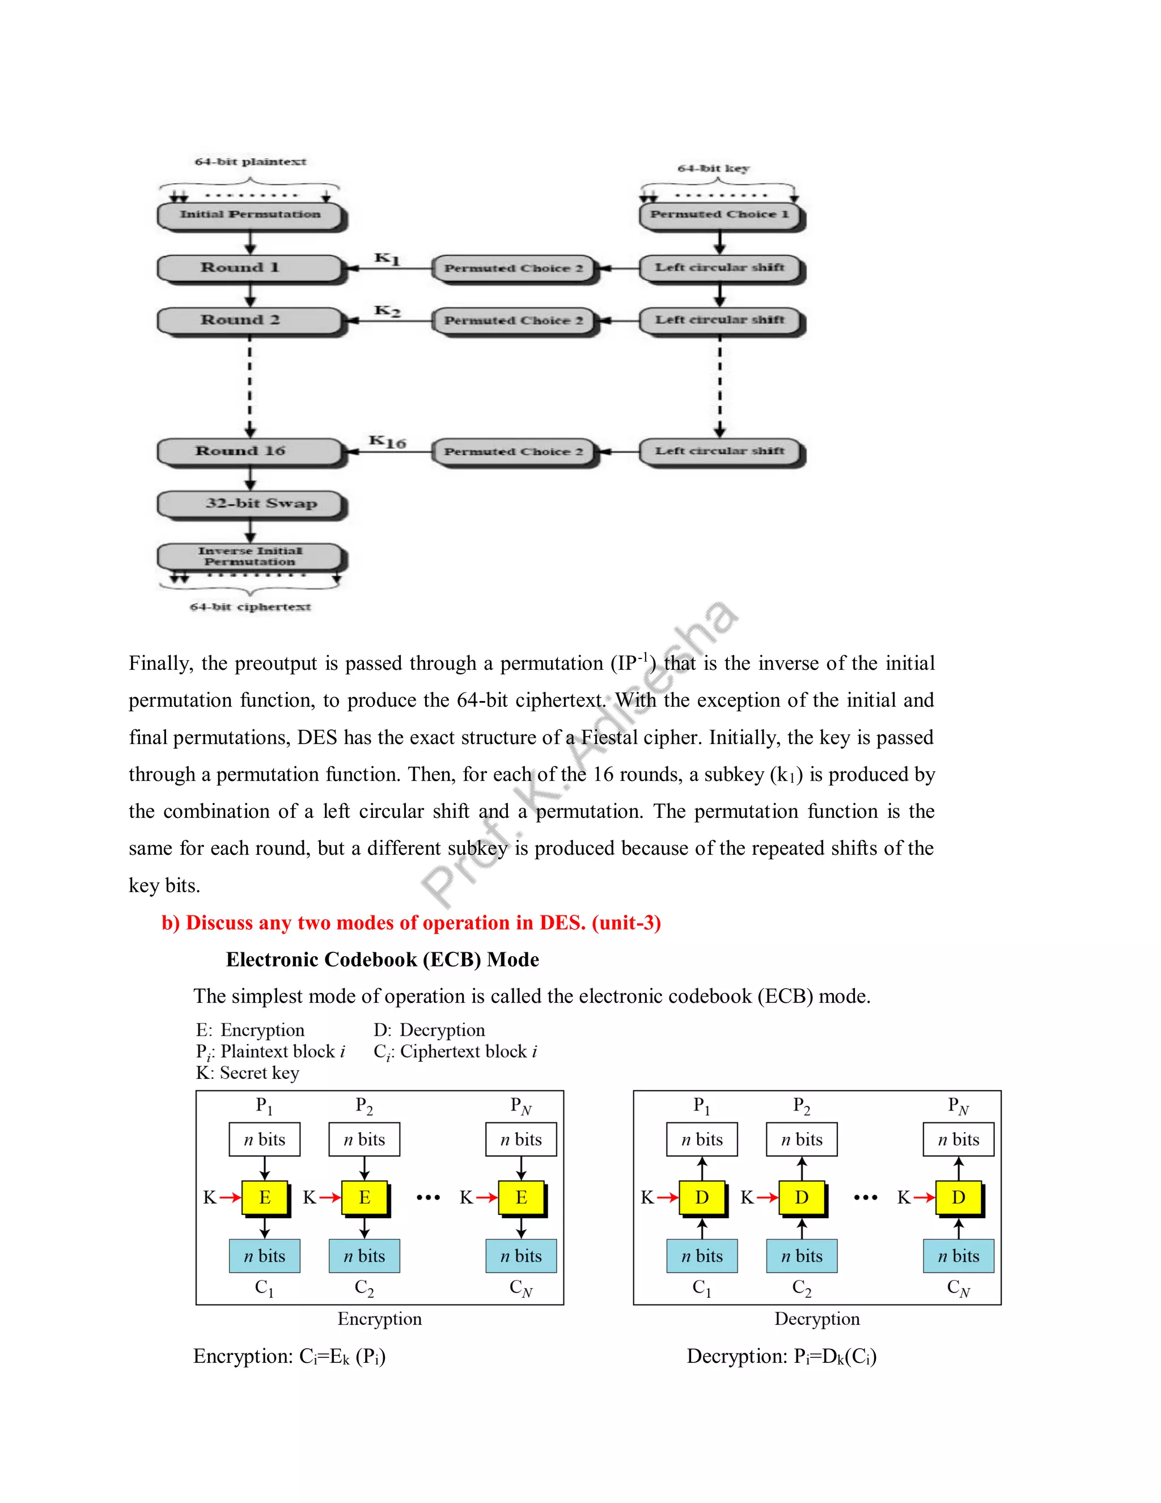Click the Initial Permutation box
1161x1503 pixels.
tap(251, 215)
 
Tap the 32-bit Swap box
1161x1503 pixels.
tap(251, 504)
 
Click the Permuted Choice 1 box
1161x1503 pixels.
tap(719, 215)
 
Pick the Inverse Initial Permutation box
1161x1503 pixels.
tap(251, 556)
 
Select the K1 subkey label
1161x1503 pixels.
tap(387, 259)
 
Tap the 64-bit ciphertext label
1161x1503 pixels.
tap(251, 607)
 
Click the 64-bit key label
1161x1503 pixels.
tap(713, 168)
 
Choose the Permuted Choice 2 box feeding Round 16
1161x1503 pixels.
tap(513, 452)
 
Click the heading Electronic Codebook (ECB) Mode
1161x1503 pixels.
tap(383, 959)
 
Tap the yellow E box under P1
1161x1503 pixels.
tap(265, 1198)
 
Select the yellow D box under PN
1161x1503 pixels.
tap(958, 1198)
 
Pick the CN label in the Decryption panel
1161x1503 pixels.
tap(958, 1287)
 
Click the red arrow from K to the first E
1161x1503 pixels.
tap(230, 1198)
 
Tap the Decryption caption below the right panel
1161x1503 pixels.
tap(816, 1319)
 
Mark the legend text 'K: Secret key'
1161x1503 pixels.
tap(247, 1073)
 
